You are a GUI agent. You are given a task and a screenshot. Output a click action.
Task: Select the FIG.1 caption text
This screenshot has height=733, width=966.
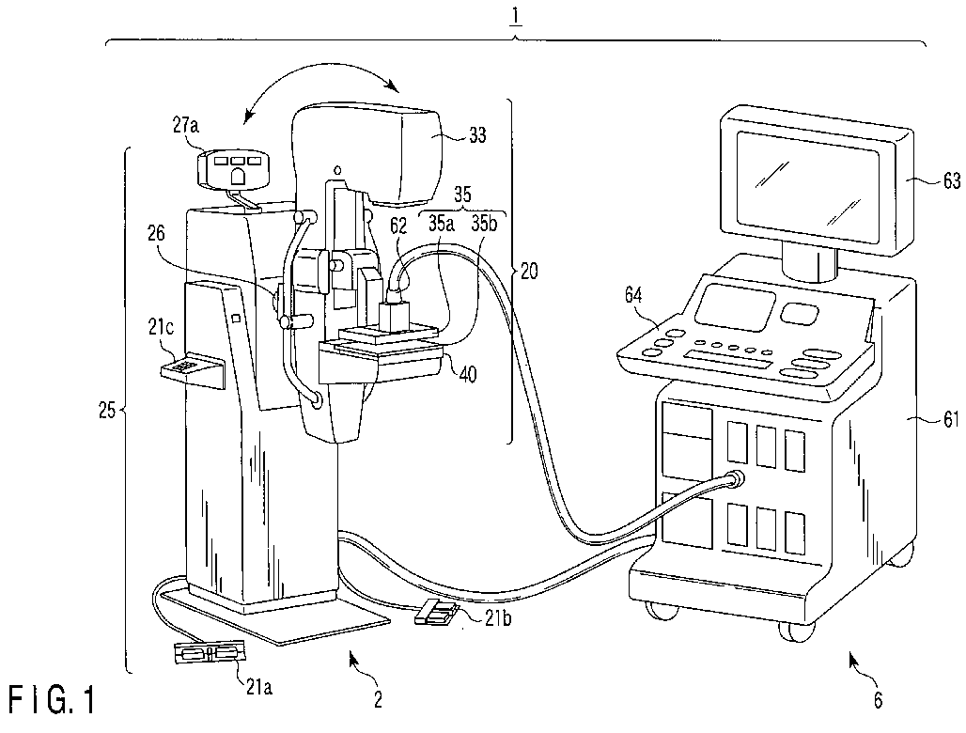[x=52, y=702]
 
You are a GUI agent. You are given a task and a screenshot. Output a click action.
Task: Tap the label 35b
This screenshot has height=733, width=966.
[x=484, y=224]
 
